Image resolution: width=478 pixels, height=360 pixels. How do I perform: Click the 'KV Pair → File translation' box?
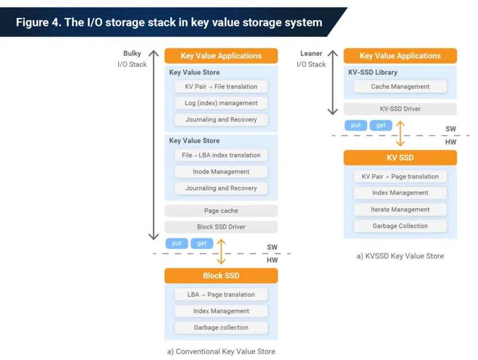coord(221,87)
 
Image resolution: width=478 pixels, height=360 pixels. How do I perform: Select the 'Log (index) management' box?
coord(221,103)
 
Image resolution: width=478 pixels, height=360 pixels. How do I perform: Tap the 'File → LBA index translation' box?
coord(221,155)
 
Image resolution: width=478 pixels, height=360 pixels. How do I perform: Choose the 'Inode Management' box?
coord(221,172)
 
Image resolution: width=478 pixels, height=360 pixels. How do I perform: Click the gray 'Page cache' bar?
coord(221,210)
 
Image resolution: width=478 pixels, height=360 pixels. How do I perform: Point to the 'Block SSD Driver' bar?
coord(221,227)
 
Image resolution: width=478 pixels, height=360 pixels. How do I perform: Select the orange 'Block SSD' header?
coord(221,276)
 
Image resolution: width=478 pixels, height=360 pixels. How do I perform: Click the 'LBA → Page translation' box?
coord(221,294)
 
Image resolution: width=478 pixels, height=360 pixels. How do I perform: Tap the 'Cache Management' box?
coord(400,87)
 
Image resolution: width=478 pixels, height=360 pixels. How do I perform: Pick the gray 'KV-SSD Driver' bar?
coord(400,109)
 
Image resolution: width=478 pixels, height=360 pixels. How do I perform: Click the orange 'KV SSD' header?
coord(400,157)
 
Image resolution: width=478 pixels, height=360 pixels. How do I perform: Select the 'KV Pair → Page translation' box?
coord(400,177)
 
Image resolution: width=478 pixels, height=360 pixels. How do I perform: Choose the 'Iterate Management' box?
coord(400,209)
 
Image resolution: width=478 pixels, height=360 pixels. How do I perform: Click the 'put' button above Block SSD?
coord(177,243)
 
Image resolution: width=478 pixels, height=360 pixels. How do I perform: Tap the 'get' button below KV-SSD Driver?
coord(381,125)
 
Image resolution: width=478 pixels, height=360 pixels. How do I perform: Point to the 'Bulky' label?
coord(132,53)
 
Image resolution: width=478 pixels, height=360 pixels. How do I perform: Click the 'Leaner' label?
coord(311,53)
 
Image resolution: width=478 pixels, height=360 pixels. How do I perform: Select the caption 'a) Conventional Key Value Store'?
coord(221,352)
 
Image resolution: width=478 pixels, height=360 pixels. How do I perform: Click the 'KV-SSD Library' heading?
coord(372,72)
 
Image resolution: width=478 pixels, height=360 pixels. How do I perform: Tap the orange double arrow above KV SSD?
coord(400,133)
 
